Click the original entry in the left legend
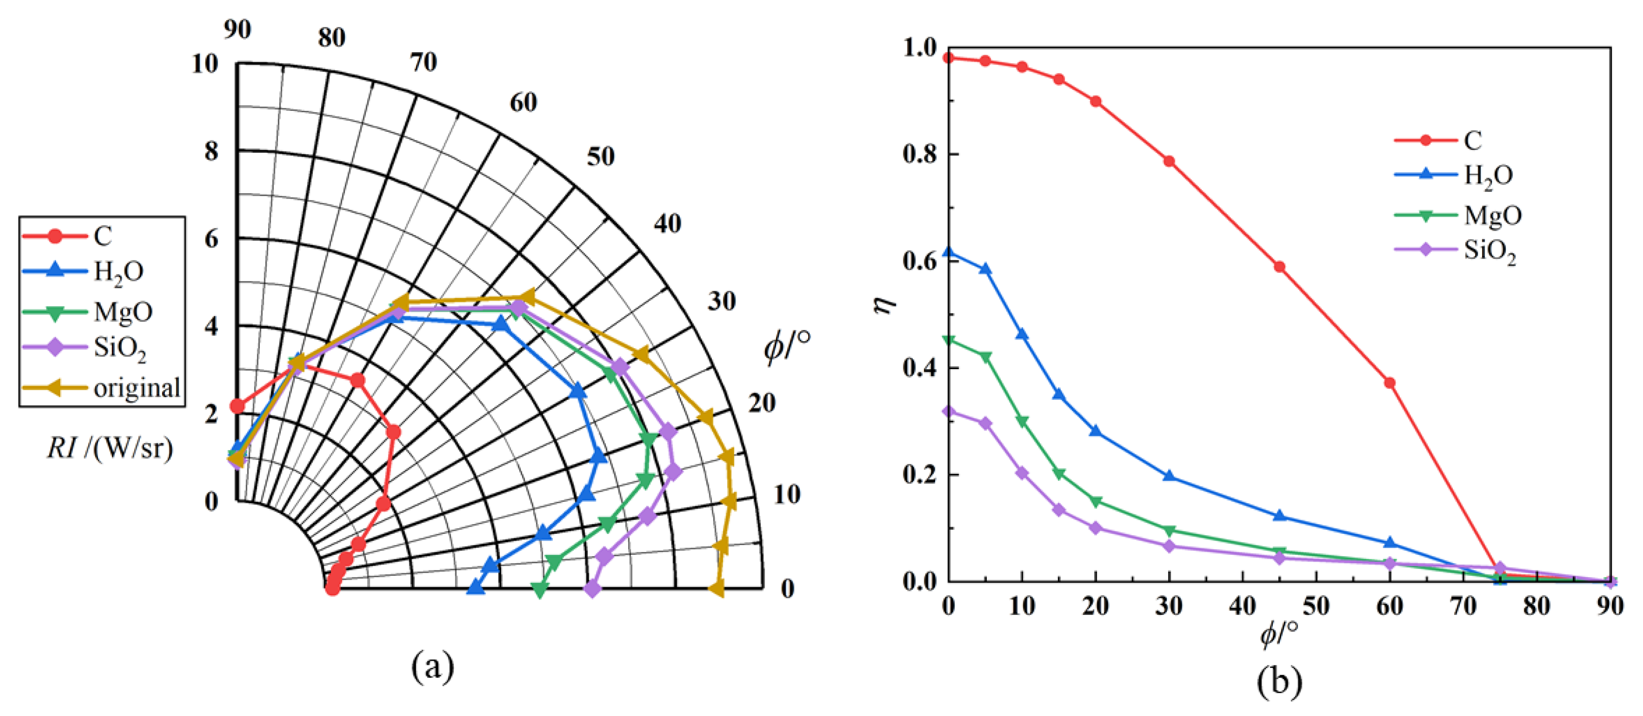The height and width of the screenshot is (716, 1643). point(136,387)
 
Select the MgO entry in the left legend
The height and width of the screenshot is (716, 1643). point(123,312)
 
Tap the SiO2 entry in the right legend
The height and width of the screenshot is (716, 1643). point(1489,251)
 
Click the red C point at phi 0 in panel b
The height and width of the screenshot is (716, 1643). point(948,58)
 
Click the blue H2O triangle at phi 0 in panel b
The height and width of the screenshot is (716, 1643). point(948,252)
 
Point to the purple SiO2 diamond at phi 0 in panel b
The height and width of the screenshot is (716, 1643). point(948,411)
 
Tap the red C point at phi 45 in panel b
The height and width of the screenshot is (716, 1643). point(1279,267)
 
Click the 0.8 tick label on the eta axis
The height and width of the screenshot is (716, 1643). point(919,155)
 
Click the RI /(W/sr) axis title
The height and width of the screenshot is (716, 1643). point(110,448)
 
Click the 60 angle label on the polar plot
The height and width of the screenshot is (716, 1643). point(523,102)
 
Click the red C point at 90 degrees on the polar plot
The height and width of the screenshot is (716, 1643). point(237,406)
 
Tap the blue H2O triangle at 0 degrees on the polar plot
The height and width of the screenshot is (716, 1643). point(475,587)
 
